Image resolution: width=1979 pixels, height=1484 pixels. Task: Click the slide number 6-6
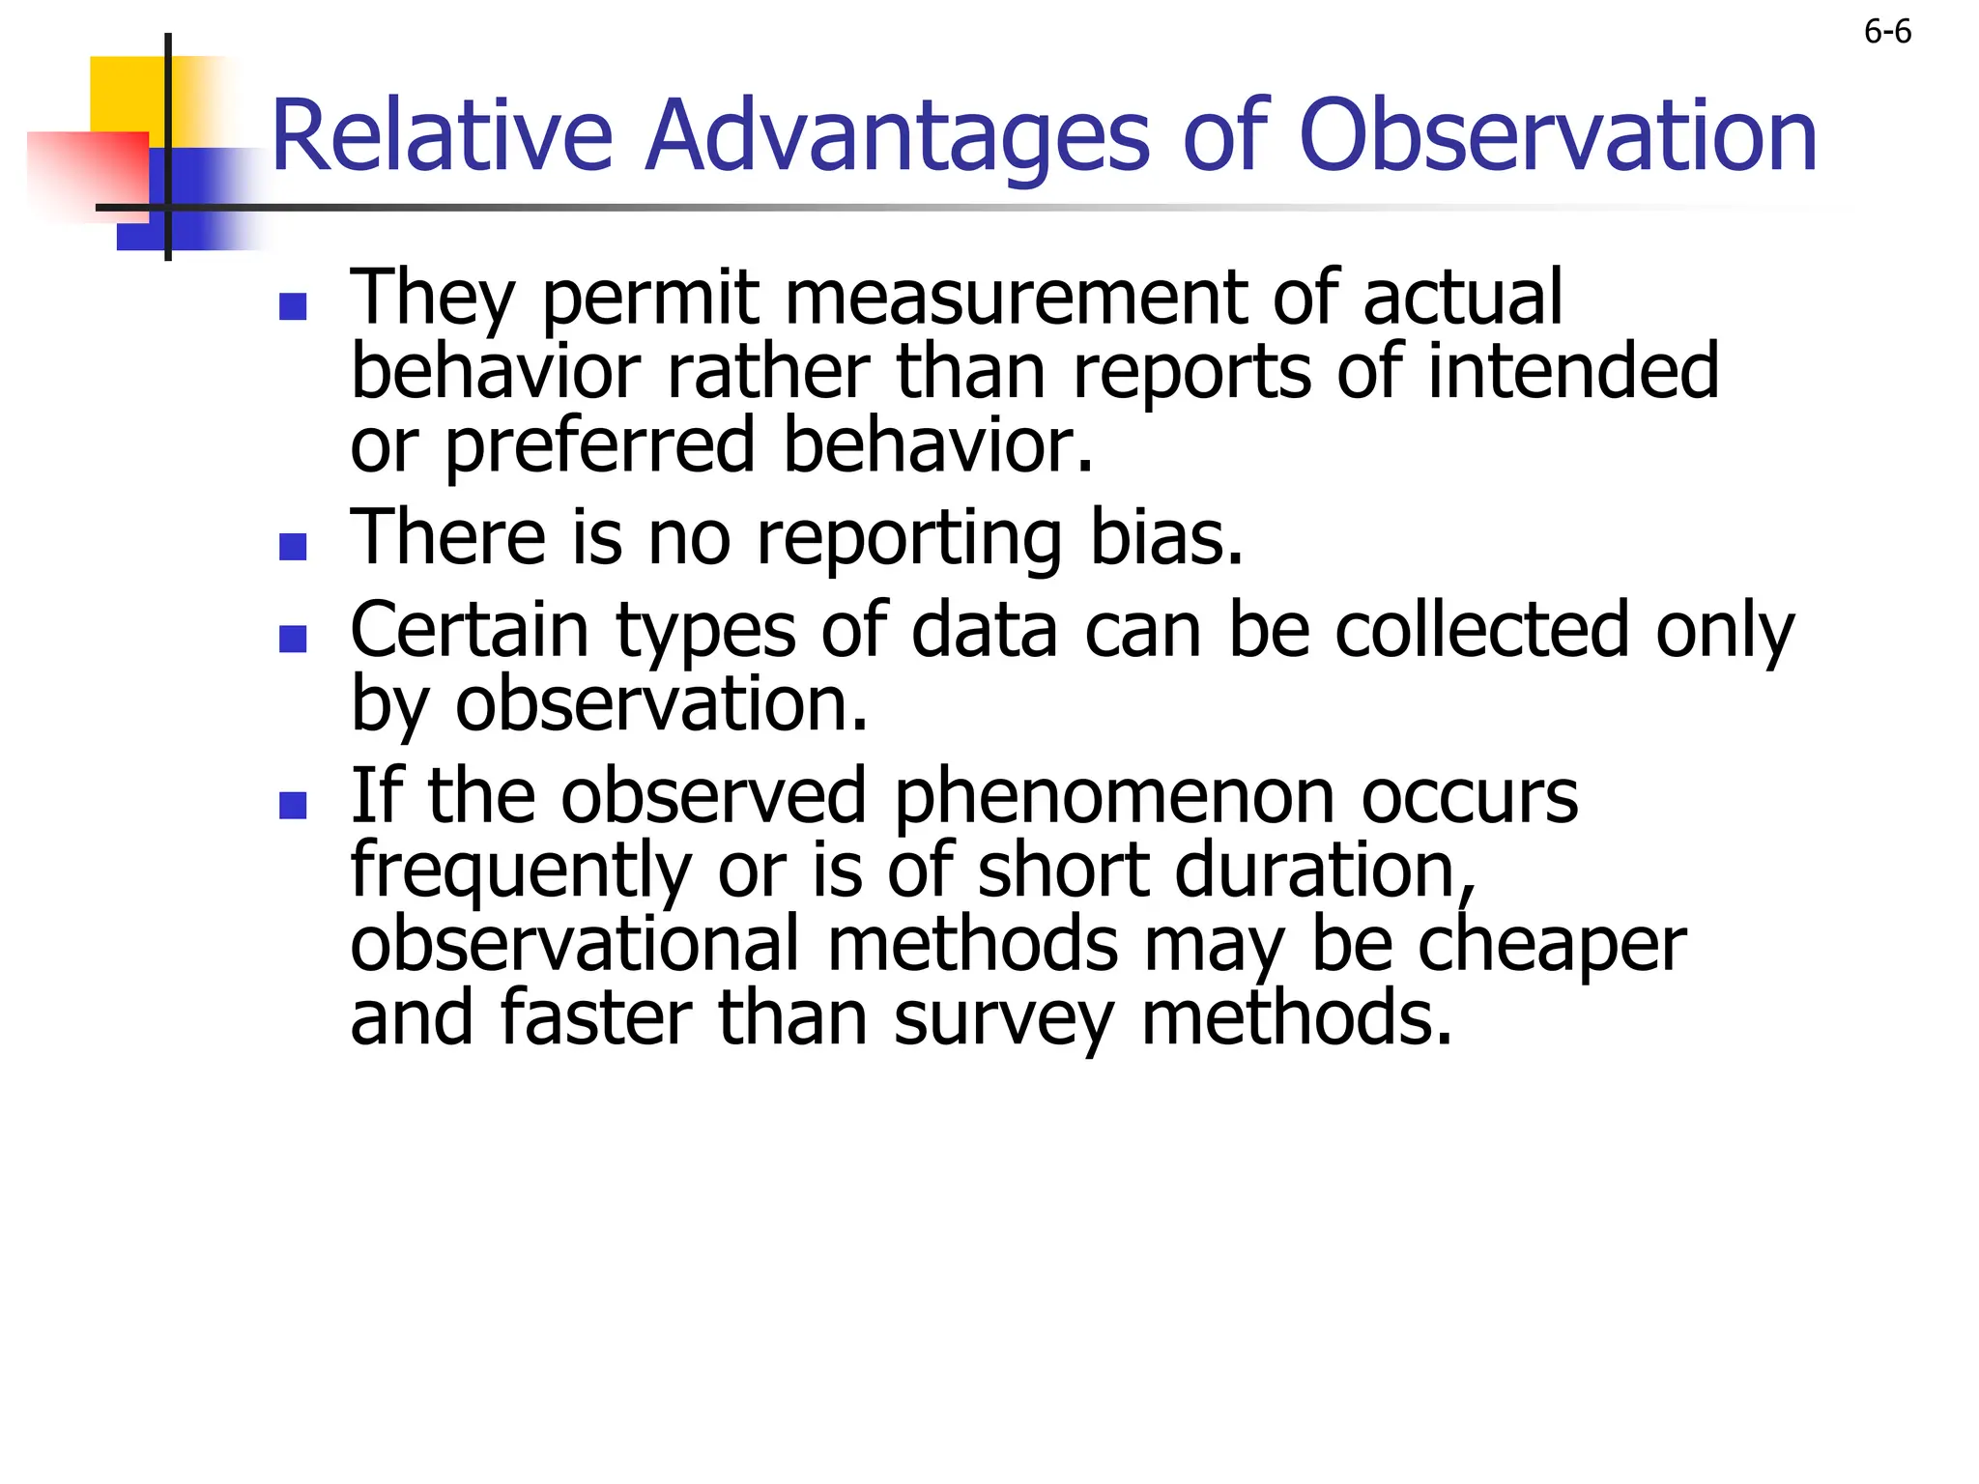1886,33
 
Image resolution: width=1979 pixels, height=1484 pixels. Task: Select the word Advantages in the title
898,138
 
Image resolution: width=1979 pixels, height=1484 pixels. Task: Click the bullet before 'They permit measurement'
293,307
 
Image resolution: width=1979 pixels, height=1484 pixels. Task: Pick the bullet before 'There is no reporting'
293,547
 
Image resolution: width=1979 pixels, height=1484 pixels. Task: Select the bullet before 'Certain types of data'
293,639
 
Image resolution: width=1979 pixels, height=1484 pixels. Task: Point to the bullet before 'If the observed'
293,805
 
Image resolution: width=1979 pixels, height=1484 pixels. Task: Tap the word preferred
599,448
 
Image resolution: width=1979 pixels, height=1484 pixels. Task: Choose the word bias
1166,537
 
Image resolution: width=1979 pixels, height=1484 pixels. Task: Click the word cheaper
1551,947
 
